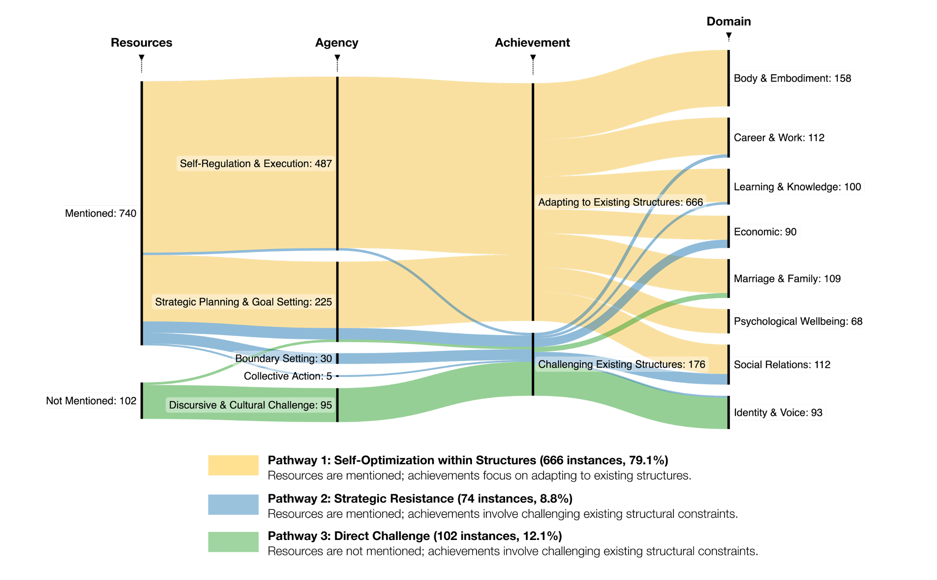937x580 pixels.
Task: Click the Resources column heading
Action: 141,43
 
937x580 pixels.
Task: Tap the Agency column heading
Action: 336,43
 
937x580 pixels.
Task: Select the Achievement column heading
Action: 532,43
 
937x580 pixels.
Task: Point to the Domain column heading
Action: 728,21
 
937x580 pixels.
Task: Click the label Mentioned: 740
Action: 101,213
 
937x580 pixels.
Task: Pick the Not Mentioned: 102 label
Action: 91,401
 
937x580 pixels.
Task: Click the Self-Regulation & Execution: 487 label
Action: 256,164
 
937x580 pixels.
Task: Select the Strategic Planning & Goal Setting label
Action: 243,302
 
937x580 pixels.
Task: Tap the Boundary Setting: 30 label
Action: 283,359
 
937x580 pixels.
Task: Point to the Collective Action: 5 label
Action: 287,376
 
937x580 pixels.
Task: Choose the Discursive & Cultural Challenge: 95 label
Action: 250,405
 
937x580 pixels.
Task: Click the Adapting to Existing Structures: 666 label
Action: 620,202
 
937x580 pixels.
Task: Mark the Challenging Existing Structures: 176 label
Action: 621,364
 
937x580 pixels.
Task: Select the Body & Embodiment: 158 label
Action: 792,78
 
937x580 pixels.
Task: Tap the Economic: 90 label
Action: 765,232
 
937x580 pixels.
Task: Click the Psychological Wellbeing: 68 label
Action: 798,322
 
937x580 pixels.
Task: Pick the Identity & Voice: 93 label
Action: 778,413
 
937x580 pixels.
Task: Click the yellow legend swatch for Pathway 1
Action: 233,465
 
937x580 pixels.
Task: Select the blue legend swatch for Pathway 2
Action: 233,504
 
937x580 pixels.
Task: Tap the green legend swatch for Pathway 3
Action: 233,542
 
